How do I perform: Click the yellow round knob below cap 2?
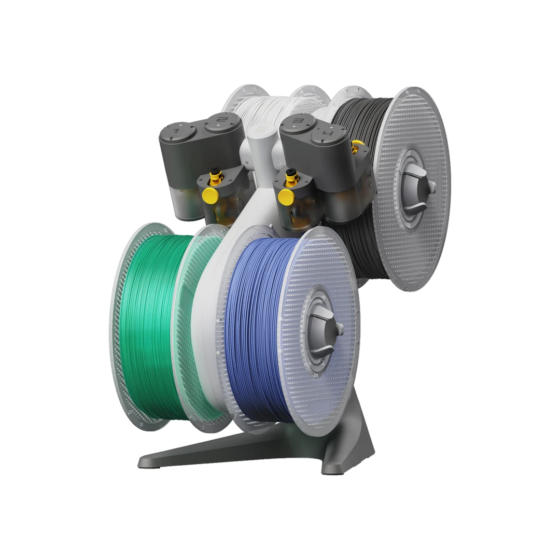pyautogui.click(x=210, y=195)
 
